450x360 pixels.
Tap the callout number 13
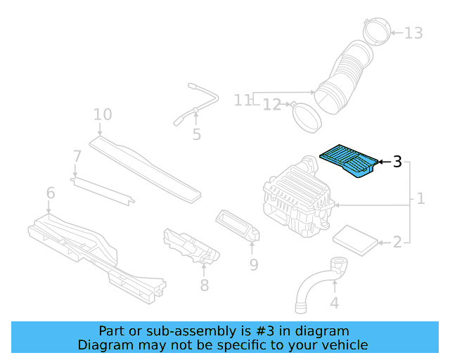(x=413, y=33)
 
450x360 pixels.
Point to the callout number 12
(x=271, y=105)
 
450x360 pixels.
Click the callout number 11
(x=243, y=101)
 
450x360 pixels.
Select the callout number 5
(x=196, y=134)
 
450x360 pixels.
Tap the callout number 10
(x=103, y=114)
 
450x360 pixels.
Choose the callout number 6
(x=51, y=193)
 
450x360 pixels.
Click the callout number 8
(x=204, y=285)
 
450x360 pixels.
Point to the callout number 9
(x=253, y=264)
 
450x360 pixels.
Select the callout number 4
(x=335, y=303)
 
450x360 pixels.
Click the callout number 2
(x=397, y=243)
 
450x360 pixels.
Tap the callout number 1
(x=420, y=199)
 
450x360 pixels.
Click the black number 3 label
(x=397, y=162)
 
